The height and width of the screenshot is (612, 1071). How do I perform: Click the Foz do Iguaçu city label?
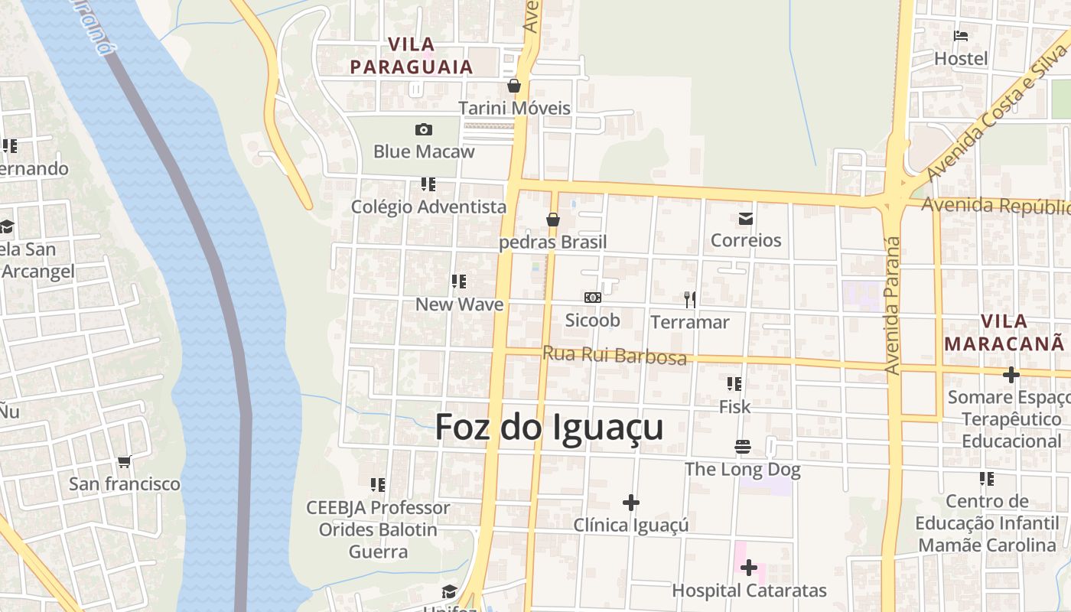coord(549,428)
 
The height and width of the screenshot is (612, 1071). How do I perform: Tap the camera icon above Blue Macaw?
coord(423,130)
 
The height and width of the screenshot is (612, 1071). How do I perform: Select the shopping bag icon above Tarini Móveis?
coord(514,86)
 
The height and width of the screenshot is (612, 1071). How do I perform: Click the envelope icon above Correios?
coord(746,220)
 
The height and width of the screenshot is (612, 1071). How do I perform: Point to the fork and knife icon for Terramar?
coord(690,300)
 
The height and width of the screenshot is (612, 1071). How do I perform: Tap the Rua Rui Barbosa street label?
coord(614,356)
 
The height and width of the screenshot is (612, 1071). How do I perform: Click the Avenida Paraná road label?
coord(893,306)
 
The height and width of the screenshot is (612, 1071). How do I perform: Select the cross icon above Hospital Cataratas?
coord(749,568)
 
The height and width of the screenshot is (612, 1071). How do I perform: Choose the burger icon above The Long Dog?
coord(742,446)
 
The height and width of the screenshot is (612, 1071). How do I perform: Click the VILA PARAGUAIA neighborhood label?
coord(412,56)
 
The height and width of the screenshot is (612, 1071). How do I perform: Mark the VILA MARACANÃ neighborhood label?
coord(1004,332)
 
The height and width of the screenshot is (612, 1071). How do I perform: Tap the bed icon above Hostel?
coord(961,36)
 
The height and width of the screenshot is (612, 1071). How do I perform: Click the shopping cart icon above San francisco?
coord(124,461)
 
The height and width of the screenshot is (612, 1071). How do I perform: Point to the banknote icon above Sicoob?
coord(592,298)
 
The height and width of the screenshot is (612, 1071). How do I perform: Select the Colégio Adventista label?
coord(428,207)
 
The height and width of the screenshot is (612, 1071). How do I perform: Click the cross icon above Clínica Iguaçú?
coord(631,503)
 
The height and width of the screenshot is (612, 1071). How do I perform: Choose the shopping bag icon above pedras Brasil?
coord(553,220)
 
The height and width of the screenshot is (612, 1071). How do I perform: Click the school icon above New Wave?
coord(459,282)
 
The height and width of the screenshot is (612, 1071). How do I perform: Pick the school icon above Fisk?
coord(734,384)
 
